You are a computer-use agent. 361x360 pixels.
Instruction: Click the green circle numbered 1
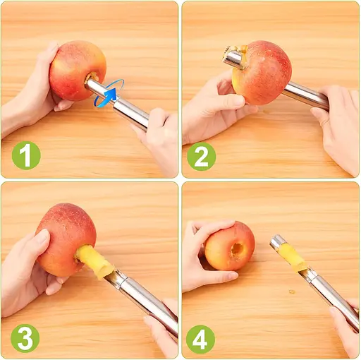(26, 155)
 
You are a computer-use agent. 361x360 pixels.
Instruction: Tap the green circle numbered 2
(202, 157)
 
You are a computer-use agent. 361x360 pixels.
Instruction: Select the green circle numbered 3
(25, 338)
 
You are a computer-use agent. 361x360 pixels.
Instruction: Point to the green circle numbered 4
(200, 340)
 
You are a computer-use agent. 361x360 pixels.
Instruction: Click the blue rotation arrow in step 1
(109, 93)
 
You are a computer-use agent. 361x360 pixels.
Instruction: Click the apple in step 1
(78, 71)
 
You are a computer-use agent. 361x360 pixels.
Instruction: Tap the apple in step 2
(262, 73)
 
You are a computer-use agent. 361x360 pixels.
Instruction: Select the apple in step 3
(66, 239)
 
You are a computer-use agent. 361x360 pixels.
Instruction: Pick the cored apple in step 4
(229, 246)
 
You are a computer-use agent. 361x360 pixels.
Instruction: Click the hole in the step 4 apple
(236, 251)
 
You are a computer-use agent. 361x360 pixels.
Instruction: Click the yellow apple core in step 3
(94, 260)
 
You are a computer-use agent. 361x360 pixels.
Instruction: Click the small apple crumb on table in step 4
(292, 292)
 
